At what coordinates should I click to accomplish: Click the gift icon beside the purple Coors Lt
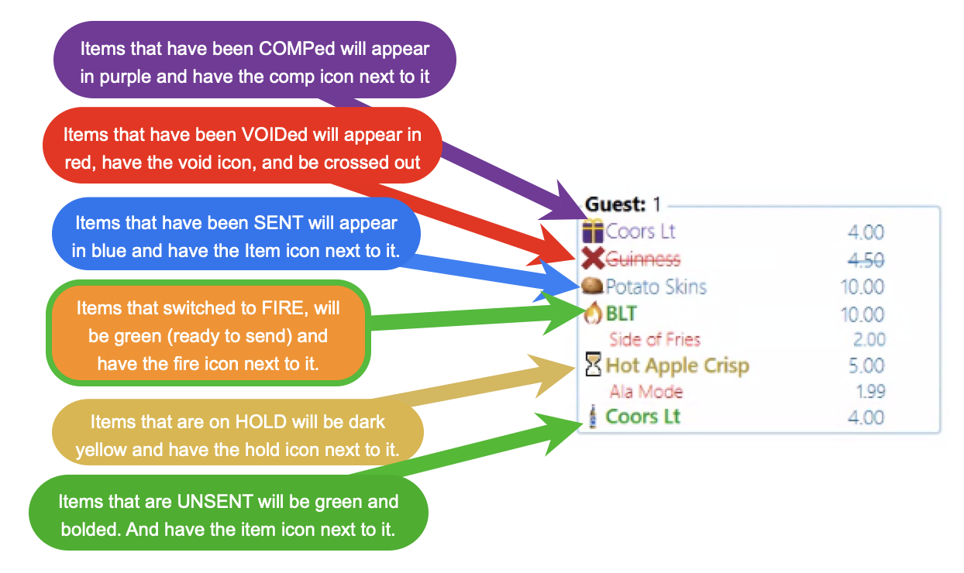tap(593, 231)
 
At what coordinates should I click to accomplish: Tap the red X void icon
tap(593, 259)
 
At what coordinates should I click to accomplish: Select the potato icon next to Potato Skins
tap(592, 286)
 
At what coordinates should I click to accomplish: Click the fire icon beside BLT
tap(593, 313)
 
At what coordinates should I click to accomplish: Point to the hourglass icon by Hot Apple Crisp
tap(593, 365)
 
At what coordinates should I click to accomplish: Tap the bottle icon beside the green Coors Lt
tap(593, 417)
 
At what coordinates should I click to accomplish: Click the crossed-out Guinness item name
tap(643, 259)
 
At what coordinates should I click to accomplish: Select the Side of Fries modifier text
tap(655, 339)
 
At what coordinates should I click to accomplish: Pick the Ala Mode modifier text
tap(646, 392)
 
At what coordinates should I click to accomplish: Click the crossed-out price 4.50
tap(866, 260)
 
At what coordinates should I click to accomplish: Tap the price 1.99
tap(870, 392)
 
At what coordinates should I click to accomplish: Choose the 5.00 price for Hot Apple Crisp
tap(866, 365)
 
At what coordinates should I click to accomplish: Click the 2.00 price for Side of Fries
tap(869, 339)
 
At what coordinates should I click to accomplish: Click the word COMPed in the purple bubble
tap(297, 49)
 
